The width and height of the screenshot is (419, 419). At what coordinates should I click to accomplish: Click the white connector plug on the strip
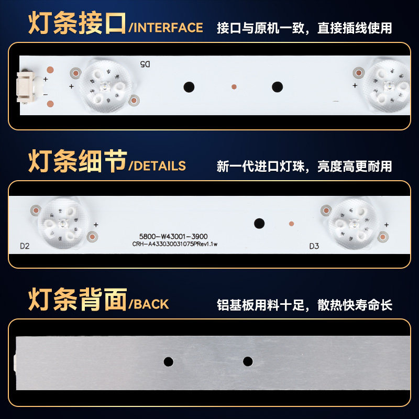click(26, 87)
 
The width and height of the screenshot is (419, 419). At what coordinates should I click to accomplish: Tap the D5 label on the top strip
click(145, 64)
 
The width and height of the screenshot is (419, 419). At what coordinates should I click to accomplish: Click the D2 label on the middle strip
click(25, 246)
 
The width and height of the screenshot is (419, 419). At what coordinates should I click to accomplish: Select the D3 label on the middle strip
click(314, 246)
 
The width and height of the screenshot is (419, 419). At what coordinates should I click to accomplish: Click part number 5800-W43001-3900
click(173, 237)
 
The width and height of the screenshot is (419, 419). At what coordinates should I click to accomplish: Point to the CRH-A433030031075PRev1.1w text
click(175, 244)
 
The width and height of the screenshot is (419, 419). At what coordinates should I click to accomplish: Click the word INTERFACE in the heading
click(168, 28)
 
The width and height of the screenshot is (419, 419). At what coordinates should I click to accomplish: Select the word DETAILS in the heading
click(160, 166)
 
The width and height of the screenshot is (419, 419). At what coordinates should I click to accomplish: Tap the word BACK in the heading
click(151, 304)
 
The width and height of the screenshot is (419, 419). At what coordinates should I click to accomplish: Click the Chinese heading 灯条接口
click(77, 23)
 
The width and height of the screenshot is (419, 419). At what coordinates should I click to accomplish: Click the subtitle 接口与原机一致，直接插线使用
click(304, 28)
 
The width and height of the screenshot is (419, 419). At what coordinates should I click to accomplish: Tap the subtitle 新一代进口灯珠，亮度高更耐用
click(304, 166)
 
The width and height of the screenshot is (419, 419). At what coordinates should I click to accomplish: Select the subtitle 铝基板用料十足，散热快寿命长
click(304, 305)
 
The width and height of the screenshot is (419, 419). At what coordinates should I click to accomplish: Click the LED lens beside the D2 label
click(63, 223)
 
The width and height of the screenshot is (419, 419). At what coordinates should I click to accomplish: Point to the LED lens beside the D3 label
click(353, 223)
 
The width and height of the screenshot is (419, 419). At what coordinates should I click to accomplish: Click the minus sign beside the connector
click(46, 95)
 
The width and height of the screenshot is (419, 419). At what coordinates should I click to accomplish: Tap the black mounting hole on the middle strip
click(259, 224)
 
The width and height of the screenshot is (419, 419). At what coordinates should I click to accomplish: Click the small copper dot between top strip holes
click(234, 87)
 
